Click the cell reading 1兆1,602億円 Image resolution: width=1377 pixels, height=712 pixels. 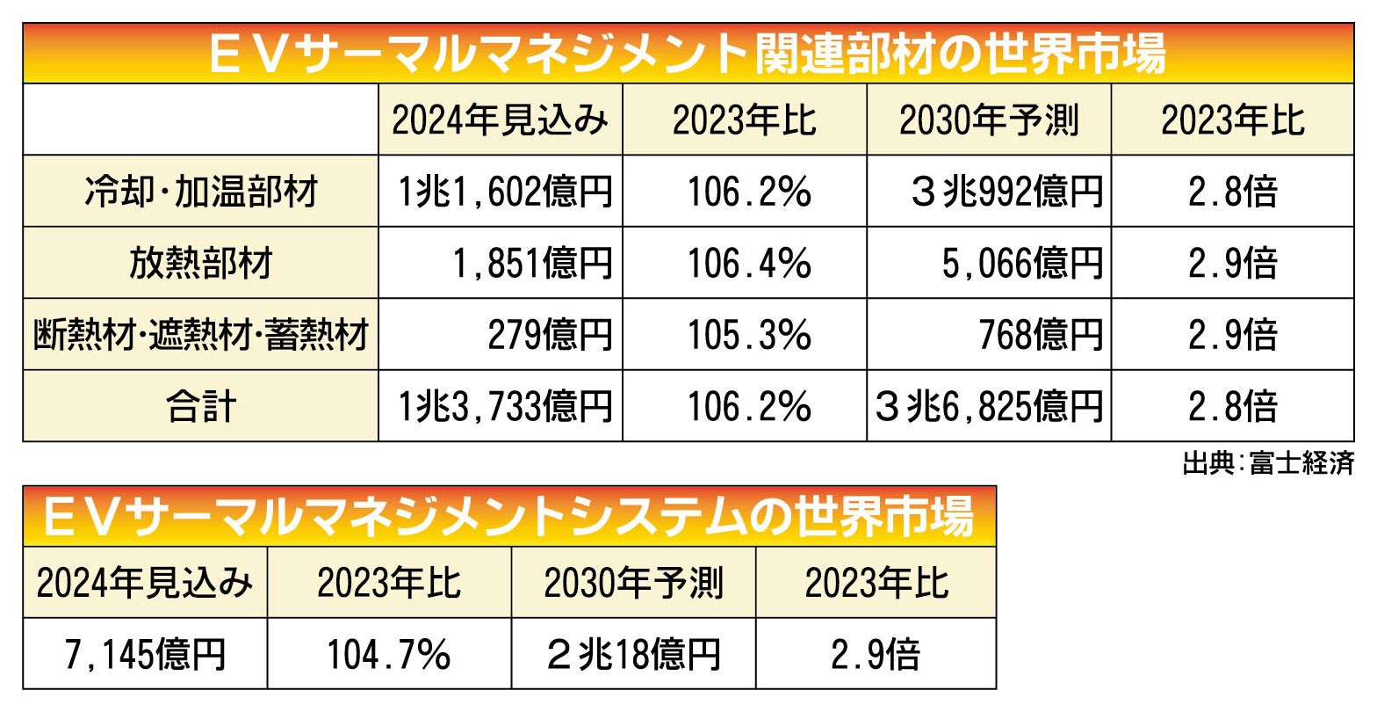[501, 192]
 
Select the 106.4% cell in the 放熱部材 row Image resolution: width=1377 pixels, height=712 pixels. [745, 263]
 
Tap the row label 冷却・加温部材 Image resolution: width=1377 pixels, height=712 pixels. [201, 192]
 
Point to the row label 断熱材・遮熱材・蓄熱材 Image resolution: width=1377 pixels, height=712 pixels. [201, 335]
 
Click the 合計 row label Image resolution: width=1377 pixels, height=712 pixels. [201, 406]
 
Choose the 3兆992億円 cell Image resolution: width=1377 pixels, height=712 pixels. [1005, 192]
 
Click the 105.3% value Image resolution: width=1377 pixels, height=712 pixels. [745, 335]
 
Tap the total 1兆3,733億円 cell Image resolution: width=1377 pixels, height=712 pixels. [501, 406]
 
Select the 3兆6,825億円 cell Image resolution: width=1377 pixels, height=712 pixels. [989, 406]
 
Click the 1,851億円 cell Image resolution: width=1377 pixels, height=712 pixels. [524, 263]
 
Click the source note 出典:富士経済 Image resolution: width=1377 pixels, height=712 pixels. [1267, 463]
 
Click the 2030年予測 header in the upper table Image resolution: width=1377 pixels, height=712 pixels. [989, 120]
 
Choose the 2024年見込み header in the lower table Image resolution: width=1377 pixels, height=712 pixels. [145, 583]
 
